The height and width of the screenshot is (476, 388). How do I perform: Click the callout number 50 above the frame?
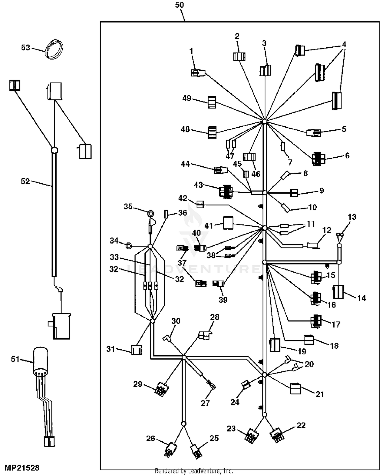click(x=179, y=5)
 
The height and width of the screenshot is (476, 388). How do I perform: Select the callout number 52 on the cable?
click(x=25, y=181)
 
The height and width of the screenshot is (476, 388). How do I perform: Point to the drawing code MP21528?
click(x=22, y=468)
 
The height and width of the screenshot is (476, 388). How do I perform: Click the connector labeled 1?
click(x=198, y=73)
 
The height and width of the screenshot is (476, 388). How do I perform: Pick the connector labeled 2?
click(x=239, y=56)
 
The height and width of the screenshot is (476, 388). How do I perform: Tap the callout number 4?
click(x=344, y=45)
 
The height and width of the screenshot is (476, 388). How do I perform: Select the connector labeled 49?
click(x=212, y=102)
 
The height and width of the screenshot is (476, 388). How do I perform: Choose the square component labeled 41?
click(x=228, y=223)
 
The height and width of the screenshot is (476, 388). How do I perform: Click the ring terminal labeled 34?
click(x=129, y=246)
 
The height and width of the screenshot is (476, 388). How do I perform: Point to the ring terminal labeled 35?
click(x=150, y=213)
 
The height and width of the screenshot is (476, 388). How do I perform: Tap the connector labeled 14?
click(x=338, y=292)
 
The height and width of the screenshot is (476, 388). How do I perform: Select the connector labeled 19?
click(x=275, y=345)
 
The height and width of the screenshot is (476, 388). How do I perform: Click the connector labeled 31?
click(x=136, y=350)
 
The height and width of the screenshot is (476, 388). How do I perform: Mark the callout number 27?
click(x=205, y=403)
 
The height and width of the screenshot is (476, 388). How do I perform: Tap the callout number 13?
click(x=352, y=217)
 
